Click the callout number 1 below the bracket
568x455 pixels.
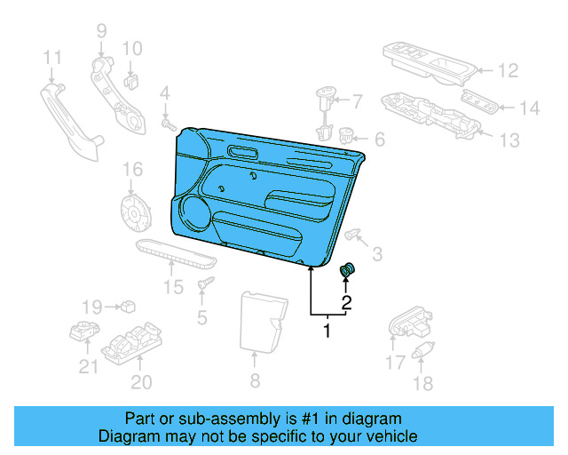327,332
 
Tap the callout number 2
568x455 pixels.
347,302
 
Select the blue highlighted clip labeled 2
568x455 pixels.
347,270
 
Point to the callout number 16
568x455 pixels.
131,169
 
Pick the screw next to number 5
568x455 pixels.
208,283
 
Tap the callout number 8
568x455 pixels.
255,382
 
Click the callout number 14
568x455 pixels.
529,108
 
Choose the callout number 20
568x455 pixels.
141,383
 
